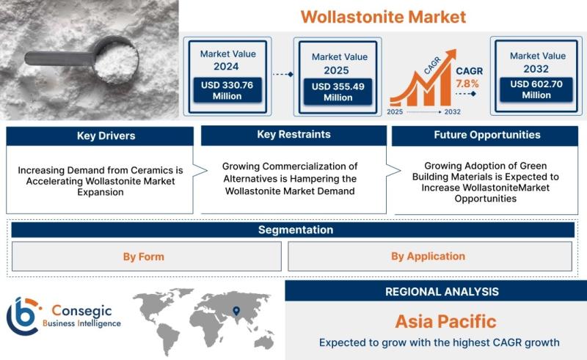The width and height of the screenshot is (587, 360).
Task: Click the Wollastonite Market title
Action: (x=383, y=17)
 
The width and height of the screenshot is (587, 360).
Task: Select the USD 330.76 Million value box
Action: (x=227, y=90)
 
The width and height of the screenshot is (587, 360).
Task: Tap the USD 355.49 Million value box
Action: (x=338, y=92)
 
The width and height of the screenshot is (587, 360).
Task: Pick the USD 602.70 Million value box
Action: (x=536, y=89)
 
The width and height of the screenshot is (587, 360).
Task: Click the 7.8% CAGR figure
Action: (x=467, y=84)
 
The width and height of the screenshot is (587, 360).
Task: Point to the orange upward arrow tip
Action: (x=456, y=50)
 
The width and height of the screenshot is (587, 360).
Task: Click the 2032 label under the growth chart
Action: (x=452, y=112)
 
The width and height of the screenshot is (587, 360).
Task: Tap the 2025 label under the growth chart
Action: (x=395, y=112)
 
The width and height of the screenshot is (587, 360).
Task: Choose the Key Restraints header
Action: (x=294, y=135)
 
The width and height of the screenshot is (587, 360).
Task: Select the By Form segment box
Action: (x=146, y=257)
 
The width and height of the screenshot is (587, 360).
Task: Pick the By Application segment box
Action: (x=430, y=257)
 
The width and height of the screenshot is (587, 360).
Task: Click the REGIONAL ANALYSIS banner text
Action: (x=442, y=292)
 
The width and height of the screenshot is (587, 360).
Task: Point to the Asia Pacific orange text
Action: (x=445, y=321)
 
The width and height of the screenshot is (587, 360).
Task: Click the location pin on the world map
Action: (x=236, y=311)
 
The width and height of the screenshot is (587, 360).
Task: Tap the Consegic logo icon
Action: (x=23, y=316)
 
